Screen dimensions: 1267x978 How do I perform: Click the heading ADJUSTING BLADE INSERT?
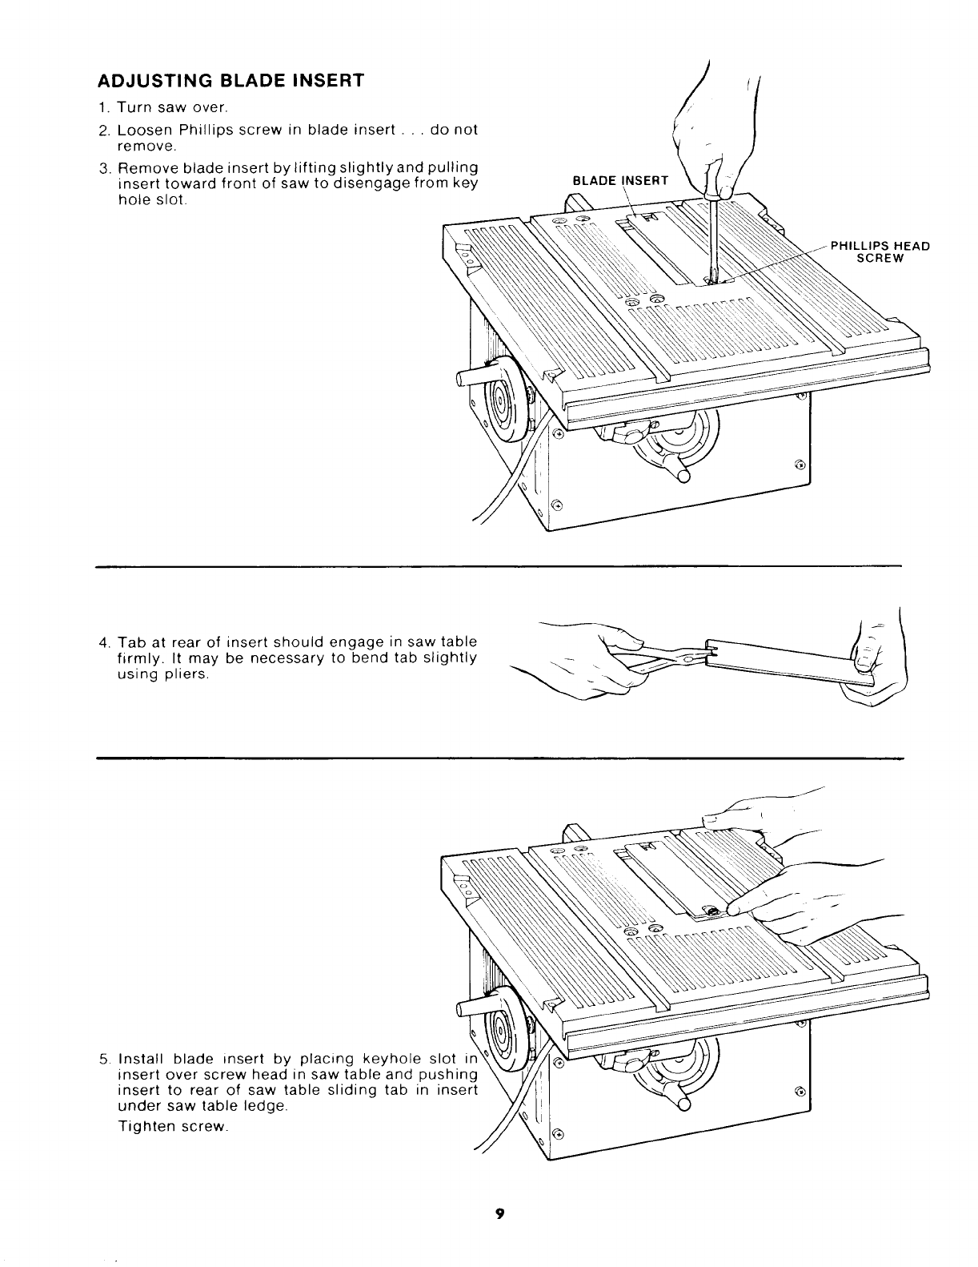click(x=230, y=81)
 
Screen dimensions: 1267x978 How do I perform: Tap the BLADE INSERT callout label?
click(x=620, y=181)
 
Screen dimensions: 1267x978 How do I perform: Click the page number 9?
click(x=498, y=1214)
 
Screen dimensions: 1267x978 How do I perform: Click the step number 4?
click(x=104, y=642)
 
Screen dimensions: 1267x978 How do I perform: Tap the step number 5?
click(x=104, y=1059)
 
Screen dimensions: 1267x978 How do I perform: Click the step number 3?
click(x=104, y=168)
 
